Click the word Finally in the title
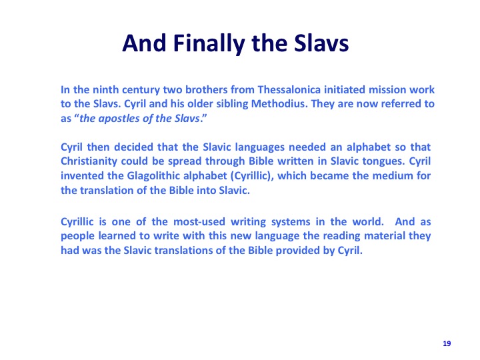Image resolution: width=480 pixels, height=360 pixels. click(209, 43)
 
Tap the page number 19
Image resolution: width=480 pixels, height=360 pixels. click(447, 343)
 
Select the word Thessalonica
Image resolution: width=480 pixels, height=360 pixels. click(289, 90)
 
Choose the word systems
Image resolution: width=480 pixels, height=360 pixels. click(291, 221)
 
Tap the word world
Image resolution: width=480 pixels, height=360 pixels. click(368, 221)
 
